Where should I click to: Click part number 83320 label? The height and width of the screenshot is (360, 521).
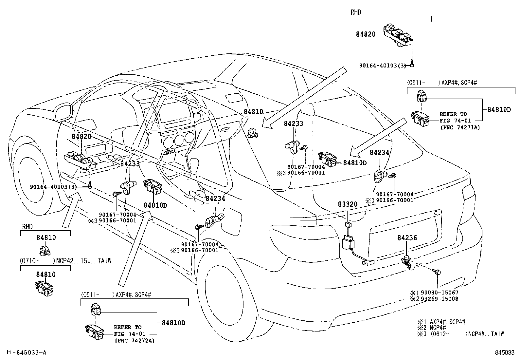pos(348,204)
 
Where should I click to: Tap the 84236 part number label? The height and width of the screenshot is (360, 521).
pos(407,238)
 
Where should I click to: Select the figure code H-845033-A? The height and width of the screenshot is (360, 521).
pos(27,352)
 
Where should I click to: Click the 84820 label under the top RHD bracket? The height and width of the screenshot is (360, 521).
pos(366,34)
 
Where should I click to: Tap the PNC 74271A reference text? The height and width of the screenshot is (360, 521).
pos(460,127)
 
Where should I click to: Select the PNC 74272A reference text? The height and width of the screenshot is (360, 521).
pos(135,341)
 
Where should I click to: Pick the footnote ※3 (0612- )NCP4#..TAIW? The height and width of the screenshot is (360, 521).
pos(460,334)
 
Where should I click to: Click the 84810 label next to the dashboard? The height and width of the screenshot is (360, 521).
pos(253,112)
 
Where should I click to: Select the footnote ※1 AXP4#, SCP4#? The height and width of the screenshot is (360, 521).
pos(441,322)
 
